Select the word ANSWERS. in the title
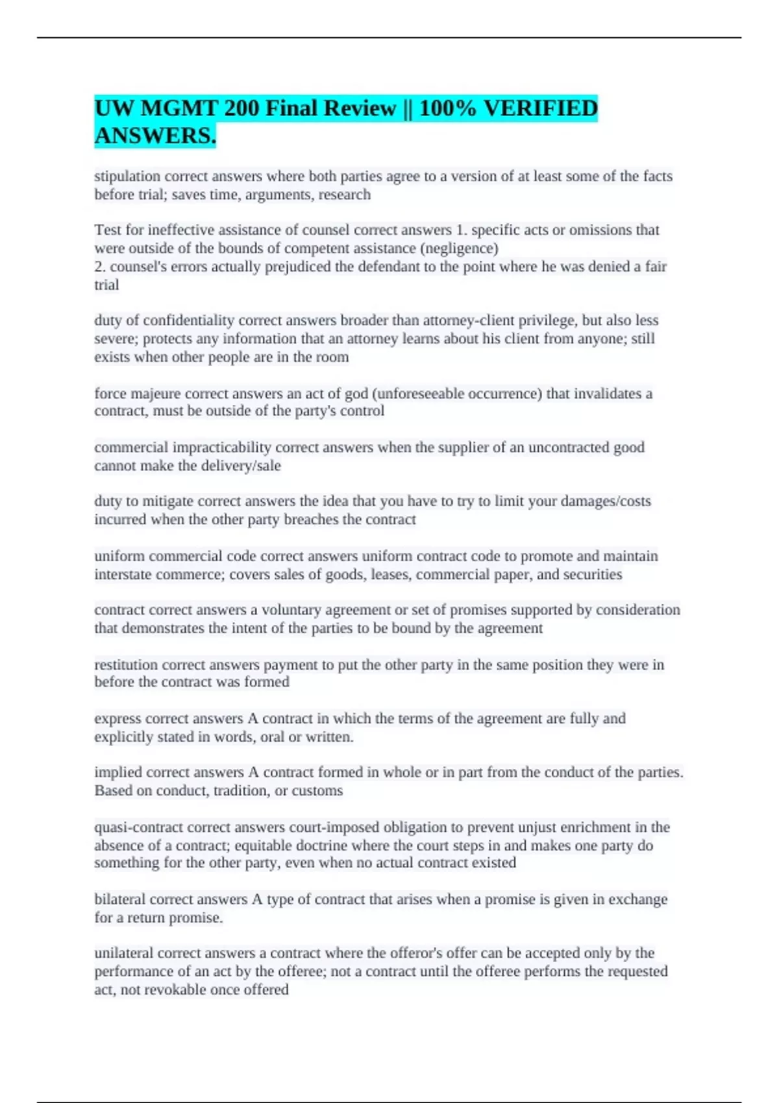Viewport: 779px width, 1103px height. pos(155,136)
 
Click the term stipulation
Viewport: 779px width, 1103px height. pos(127,176)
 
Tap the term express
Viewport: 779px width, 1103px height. pos(117,719)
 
